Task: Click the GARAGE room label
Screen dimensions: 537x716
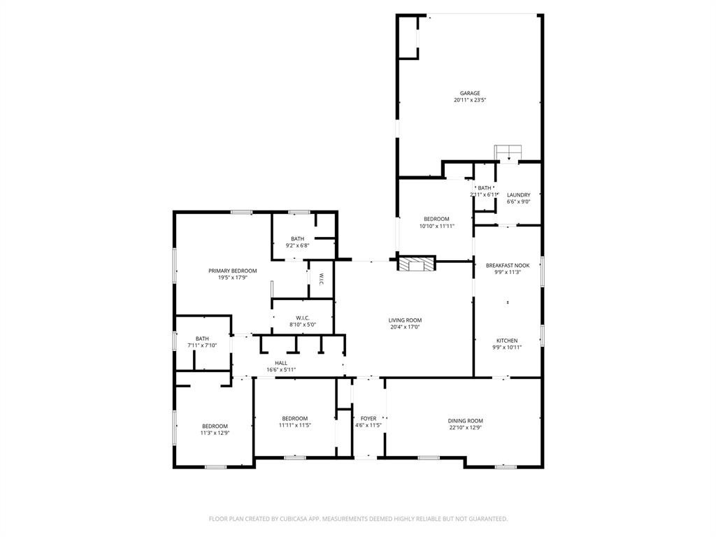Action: point(469,93)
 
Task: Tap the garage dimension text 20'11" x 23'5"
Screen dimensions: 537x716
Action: point(469,100)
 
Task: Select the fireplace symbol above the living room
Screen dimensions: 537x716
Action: point(417,264)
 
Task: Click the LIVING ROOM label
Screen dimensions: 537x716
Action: point(405,320)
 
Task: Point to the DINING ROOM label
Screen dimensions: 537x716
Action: point(465,421)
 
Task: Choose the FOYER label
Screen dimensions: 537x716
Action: point(368,418)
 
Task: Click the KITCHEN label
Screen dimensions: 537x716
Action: point(507,341)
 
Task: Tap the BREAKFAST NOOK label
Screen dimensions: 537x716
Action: point(508,265)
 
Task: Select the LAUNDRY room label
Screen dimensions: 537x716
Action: point(518,195)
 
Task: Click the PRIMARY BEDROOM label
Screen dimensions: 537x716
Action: point(232,271)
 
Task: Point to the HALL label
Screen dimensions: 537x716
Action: point(281,363)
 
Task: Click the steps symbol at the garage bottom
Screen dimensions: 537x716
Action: point(508,152)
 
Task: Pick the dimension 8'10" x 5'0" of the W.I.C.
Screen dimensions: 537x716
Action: point(302,324)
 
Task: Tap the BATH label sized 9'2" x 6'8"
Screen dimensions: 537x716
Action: point(297,238)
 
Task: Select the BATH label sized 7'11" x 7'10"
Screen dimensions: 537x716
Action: point(202,338)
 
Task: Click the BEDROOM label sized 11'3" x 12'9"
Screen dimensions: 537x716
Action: point(215,426)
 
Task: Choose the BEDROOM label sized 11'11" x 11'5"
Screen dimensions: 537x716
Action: point(294,418)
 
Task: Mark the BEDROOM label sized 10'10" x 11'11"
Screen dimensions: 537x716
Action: point(436,219)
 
